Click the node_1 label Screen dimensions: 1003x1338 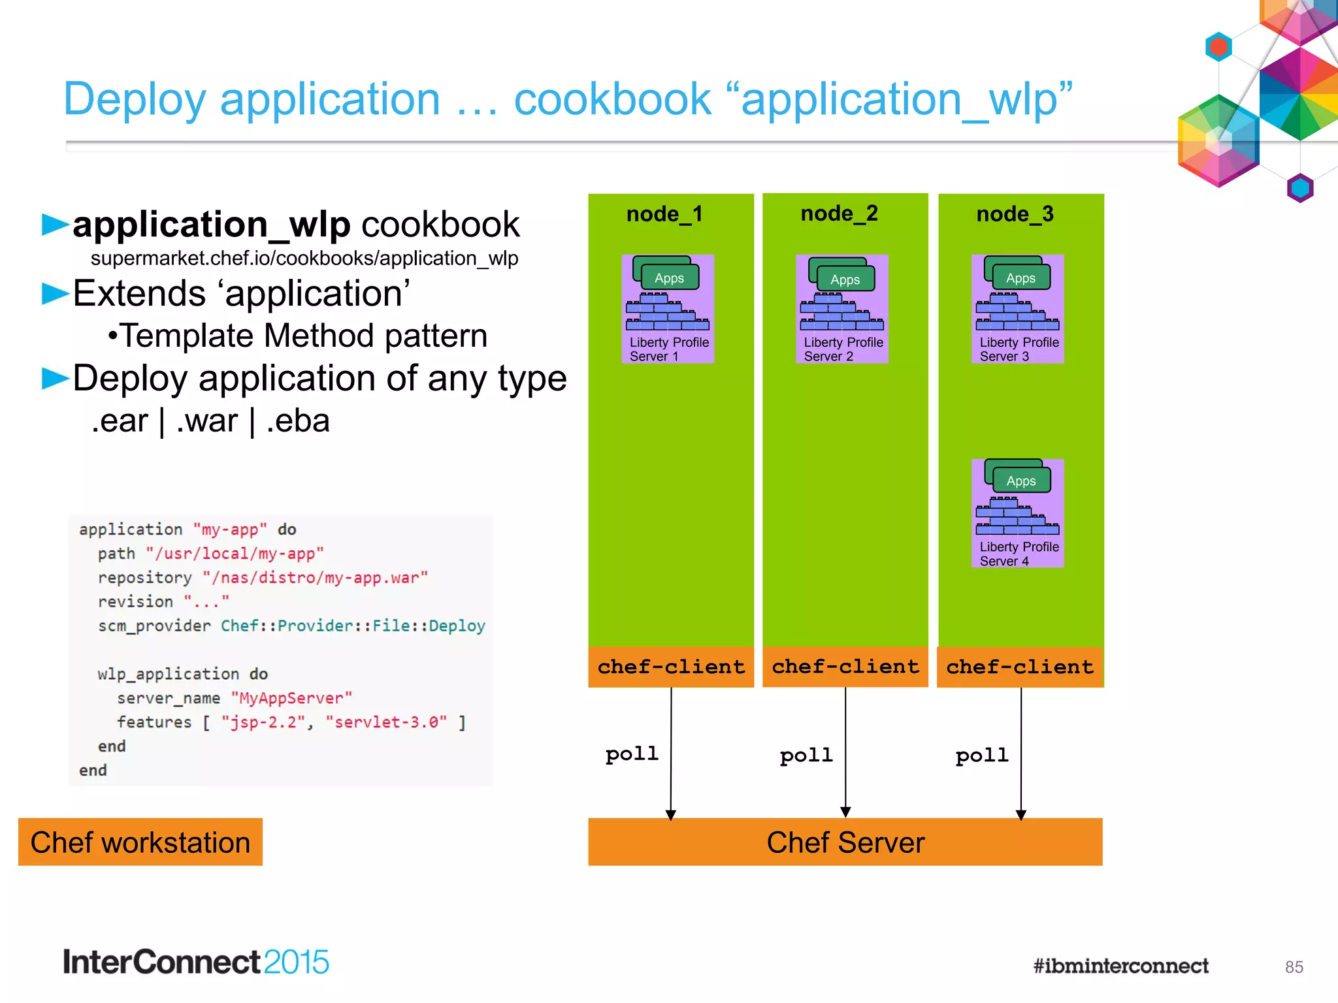pyautogui.click(x=664, y=214)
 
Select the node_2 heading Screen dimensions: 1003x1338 pyautogui.click(x=839, y=214)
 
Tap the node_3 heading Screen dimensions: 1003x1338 pyautogui.click(x=1015, y=214)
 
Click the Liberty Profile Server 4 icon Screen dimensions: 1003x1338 pyautogui.click(x=1017, y=513)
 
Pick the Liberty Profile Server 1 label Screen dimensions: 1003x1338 pyautogui.click(x=668, y=349)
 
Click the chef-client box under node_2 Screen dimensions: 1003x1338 pyautogui.click(x=845, y=667)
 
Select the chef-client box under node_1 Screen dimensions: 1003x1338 pyautogui.click(x=671, y=667)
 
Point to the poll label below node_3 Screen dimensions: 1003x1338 pyautogui.click(x=981, y=756)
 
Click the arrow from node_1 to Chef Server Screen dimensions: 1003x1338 pyautogui.click(x=671, y=751)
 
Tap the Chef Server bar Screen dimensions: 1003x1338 pyautogui.click(x=845, y=842)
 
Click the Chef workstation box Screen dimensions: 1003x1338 pyautogui.click(x=140, y=842)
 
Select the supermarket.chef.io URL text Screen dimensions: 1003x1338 pyautogui.click(x=304, y=259)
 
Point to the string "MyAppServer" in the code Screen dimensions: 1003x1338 pyautogui.click(x=291, y=698)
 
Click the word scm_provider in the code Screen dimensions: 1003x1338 pyautogui.click(x=154, y=626)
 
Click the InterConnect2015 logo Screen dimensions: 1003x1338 pyautogui.click(x=195, y=963)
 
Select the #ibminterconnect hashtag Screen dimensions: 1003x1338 pyautogui.click(x=1120, y=966)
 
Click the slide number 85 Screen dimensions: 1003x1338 pyautogui.click(x=1294, y=967)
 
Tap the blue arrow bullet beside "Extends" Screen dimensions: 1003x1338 pyautogui.click(x=55, y=294)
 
